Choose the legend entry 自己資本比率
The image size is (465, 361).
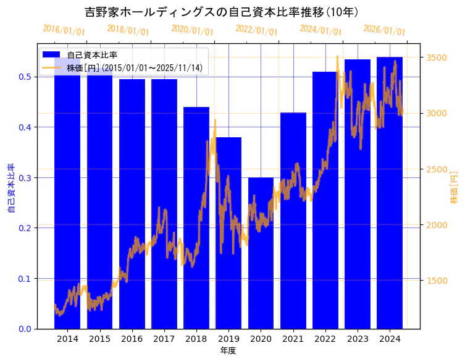click(92, 56)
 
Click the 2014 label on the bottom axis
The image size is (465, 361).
click(67, 339)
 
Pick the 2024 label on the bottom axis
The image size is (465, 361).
click(390, 339)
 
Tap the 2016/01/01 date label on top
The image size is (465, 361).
click(64, 30)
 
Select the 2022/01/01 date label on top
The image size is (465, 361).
click(256, 30)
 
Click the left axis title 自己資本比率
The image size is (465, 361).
click(10, 189)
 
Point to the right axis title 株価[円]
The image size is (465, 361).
click(454, 187)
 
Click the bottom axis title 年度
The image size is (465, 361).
click(228, 350)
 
